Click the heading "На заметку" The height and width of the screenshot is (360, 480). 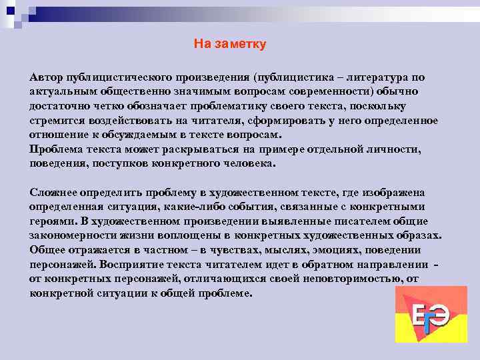pos(230,44)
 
